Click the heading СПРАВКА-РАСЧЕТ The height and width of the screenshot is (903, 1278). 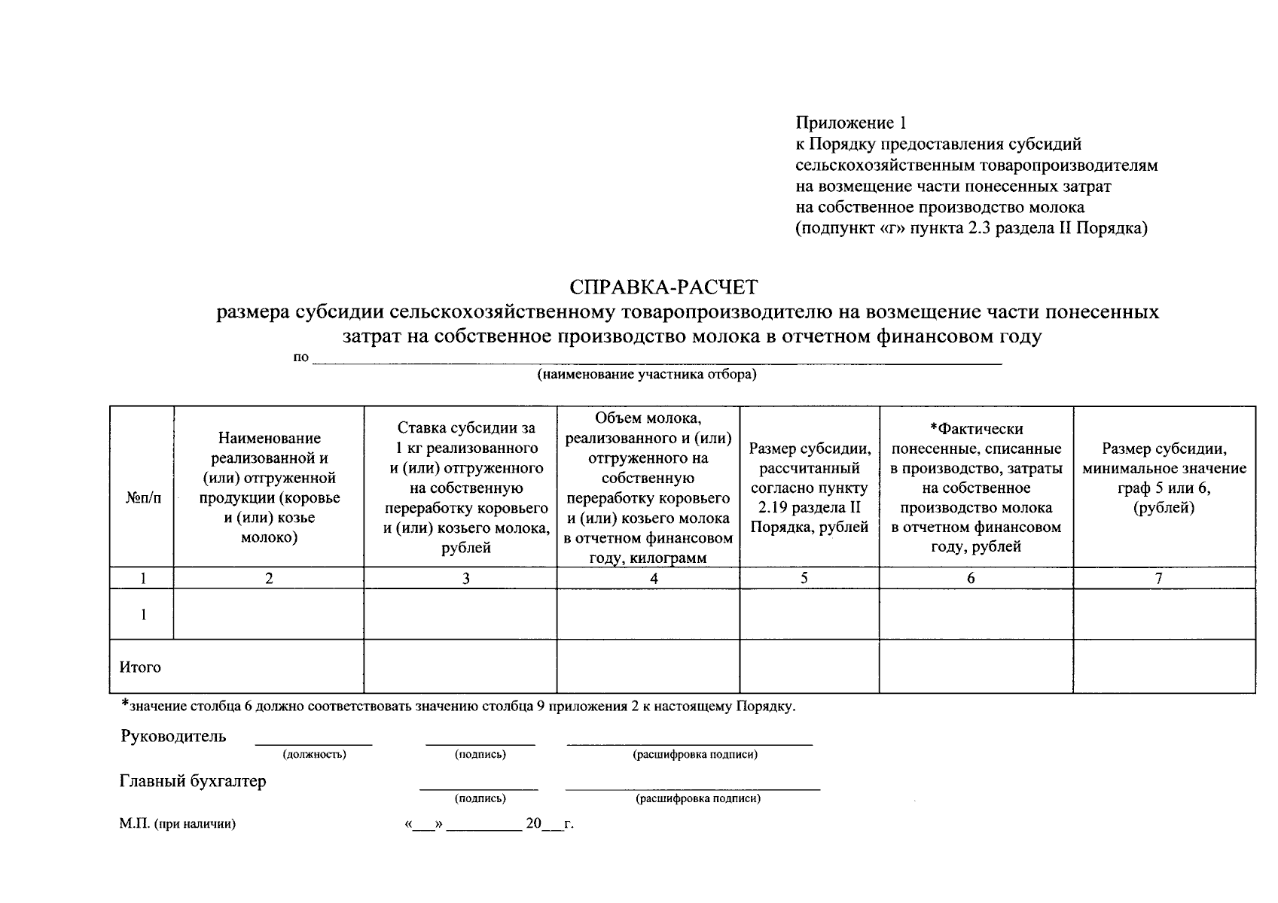click(663, 287)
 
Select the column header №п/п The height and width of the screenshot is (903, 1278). click(142, 498)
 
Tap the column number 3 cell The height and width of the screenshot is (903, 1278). click(466, 578)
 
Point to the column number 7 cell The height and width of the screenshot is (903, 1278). click(1159, 578)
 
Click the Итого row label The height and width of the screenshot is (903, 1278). click(140, 667)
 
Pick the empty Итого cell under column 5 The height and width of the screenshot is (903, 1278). click(809, 666)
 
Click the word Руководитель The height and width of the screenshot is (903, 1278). click(173, 736)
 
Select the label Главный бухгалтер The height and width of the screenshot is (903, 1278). click(193, 781)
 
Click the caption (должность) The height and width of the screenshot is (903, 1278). click(314, 754)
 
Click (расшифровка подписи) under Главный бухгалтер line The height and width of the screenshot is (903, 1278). click(698, 798)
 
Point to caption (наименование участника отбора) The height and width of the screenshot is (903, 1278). click(646, 374)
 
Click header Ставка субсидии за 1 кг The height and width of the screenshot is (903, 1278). click(466, 488)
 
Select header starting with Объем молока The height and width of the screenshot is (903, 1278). click(648, 488)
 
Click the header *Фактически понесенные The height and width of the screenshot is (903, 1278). click(976, 488)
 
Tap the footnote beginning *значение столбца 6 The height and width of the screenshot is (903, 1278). click(458, 706)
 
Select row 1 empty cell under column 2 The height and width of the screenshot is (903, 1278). click(269, 614)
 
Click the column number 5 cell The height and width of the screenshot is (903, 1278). click(804, 578)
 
